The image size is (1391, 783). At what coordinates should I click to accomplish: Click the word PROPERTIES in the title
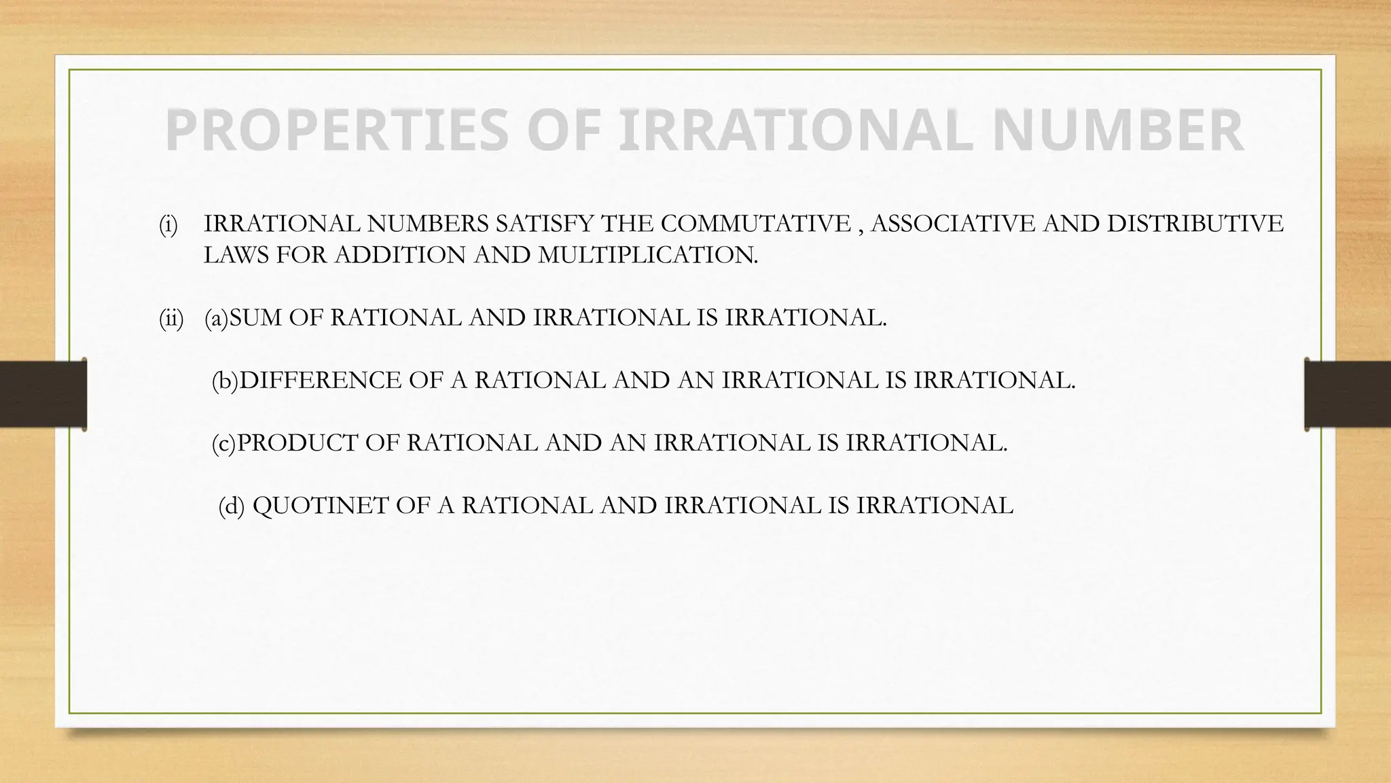tap(336, 130)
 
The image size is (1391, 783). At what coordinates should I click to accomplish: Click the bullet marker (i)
tap(168, 224)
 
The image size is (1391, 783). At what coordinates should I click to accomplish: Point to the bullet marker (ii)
tap(171, 318)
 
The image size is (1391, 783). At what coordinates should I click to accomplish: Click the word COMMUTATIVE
tap(755, 224)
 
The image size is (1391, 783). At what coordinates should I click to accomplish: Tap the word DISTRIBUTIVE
tap(1195, 224)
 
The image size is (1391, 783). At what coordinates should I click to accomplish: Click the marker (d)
tap(231, 506)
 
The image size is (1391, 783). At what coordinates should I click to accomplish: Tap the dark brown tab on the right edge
tap(1348, 394)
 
